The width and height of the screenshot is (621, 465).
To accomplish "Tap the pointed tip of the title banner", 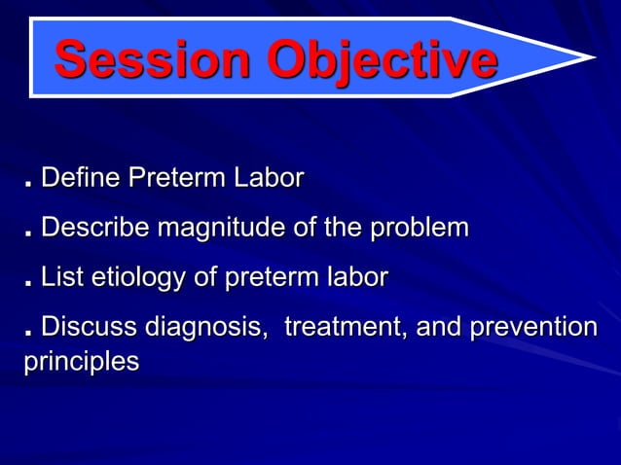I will click(592, 56).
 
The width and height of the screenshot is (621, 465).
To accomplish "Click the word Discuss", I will click(89, 328).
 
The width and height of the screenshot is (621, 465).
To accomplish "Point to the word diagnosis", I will click(205, 329).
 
